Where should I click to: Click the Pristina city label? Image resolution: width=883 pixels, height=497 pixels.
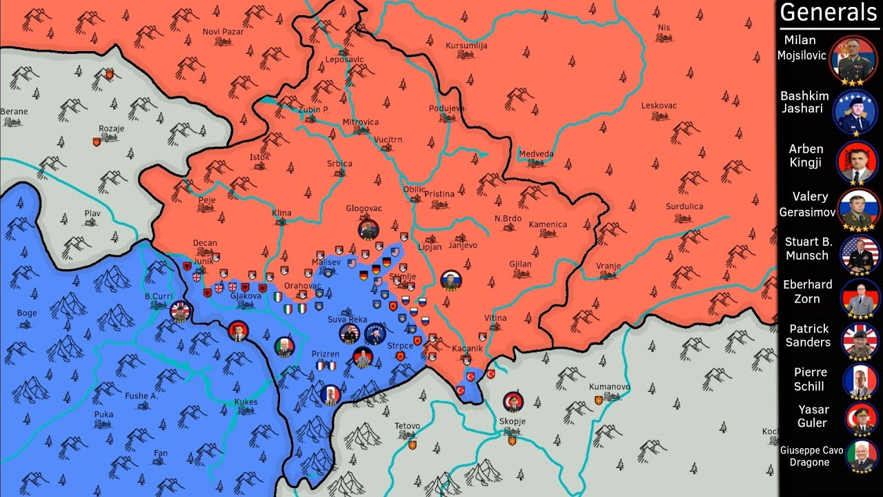coord(439,195)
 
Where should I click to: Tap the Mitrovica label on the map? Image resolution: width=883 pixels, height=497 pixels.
coord(361,122)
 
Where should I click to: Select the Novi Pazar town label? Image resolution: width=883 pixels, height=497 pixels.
coord(222,32)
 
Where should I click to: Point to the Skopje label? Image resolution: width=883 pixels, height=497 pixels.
coord(512,421)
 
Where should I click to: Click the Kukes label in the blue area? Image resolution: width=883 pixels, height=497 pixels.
coord(246,402)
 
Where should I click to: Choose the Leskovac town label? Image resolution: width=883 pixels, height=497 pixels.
coord(659,106)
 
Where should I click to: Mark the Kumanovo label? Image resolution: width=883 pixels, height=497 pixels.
coord(609,387)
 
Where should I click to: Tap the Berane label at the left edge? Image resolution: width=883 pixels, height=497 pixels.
coord(14,111)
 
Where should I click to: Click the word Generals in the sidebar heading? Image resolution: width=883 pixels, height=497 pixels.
coord(829,12)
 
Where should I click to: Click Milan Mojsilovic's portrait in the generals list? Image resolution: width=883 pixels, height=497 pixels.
coord(853,55)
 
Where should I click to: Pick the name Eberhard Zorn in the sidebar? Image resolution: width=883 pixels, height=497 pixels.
coord(808,291)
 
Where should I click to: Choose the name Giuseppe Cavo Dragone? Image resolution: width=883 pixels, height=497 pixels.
coord(811,456)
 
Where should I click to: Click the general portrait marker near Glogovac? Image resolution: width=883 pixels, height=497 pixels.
coord(368,229)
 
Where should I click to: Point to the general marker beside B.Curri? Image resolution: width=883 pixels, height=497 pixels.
coord(181,312)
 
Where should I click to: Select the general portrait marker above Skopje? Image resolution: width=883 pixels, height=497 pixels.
coord(513,402)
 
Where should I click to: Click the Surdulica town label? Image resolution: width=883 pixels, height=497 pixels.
coord(684,206)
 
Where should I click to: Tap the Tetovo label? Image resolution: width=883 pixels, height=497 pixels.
coord(407,426)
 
